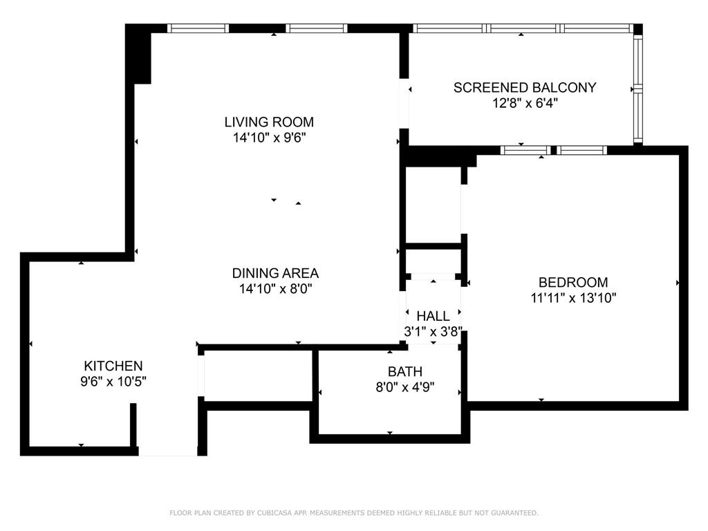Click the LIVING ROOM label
tap(269, 122)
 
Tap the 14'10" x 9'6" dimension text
tap(270, 138)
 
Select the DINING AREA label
tap(275, 273)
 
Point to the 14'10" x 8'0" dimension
tap(275, 288)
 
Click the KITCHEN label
tap(113, 366)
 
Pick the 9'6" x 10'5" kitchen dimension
tap(113, 382)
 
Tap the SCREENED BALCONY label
tap(525, 88)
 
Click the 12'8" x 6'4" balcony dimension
tap(525, 104)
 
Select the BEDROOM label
tap(573, 282)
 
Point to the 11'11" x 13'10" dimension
tap(573, 298)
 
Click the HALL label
tap(433, 316)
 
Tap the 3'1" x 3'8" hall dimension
tap(433, 332)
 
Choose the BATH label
tap(405, 371)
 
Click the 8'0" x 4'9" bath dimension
tap(405, 387)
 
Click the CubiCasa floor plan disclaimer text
tap(354, 513)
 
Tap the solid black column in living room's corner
tap(138, 54)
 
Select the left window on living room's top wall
tap(198, 28)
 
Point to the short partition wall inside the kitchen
tap(133, 425)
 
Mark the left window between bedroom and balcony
tap(525, 150)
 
